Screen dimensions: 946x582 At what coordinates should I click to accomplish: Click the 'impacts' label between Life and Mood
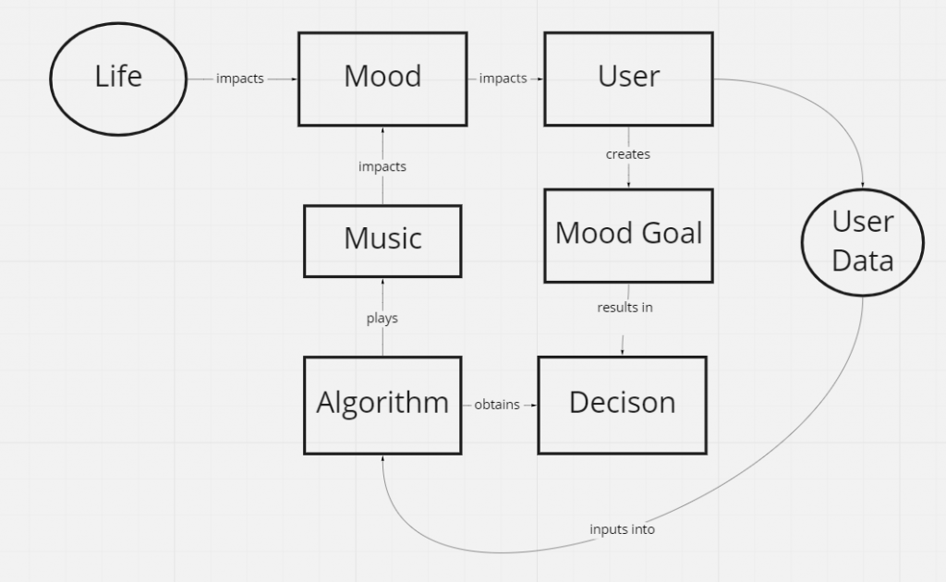(x=240, y=79)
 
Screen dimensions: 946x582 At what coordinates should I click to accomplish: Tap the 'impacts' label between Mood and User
(x=503, y=79)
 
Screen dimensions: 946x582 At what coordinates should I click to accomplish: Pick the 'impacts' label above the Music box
(x=382, y=166)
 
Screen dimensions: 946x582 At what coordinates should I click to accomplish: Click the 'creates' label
(x=628, y=154)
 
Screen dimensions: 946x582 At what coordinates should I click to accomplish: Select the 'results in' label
(x=625, y=308)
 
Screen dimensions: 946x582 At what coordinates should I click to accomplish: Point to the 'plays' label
(x=382, y=318)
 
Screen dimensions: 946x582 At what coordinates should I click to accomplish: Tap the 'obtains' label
(x=497, y=405)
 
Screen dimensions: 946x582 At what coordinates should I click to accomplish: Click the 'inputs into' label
(x=622, y=529)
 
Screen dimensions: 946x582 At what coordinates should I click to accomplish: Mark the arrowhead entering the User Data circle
(x=863, y=185)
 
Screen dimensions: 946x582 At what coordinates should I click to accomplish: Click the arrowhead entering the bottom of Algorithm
(x=382, y=459)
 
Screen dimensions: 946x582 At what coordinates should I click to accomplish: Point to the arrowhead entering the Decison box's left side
(x=533, y=406)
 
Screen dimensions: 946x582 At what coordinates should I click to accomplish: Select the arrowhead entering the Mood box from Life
(x=294, y=79)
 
